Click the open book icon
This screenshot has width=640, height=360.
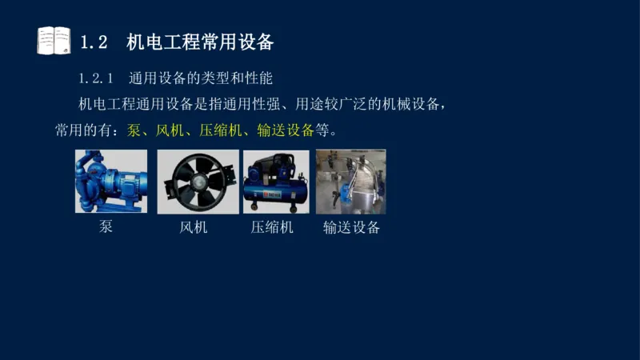pyautogui.click(x=54, y=41)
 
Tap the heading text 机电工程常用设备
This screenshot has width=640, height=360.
pyautogui.click(x=200, y=42)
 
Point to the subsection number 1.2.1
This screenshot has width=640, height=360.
pyautogui.click(x=98, y=78)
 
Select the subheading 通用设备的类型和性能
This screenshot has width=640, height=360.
pyautogui.click(x=202, y=78)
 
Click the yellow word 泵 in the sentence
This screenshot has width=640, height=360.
pyautogui.click(x=134, y=130)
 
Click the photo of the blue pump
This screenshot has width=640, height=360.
pyautogui.click(x=112, y=182)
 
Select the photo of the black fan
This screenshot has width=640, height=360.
pyautogui.click(x=198, y=182)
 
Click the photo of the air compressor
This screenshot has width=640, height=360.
pyautogui.click(x=276, y=182)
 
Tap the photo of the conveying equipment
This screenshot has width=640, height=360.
pyautogui.click(x=350, y=182)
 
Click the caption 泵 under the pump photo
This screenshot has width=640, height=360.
pyautogui.click(x=106, y=226)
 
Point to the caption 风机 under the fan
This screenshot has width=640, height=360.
pyautogui.click(x=194, y=227)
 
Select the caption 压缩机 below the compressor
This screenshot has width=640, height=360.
pyautogui.click(x=272, y=227)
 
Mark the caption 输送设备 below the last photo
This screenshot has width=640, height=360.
pyautogui.click(x=351, y=227)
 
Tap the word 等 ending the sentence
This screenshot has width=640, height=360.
pyautogui.click(x=322, y=130)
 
